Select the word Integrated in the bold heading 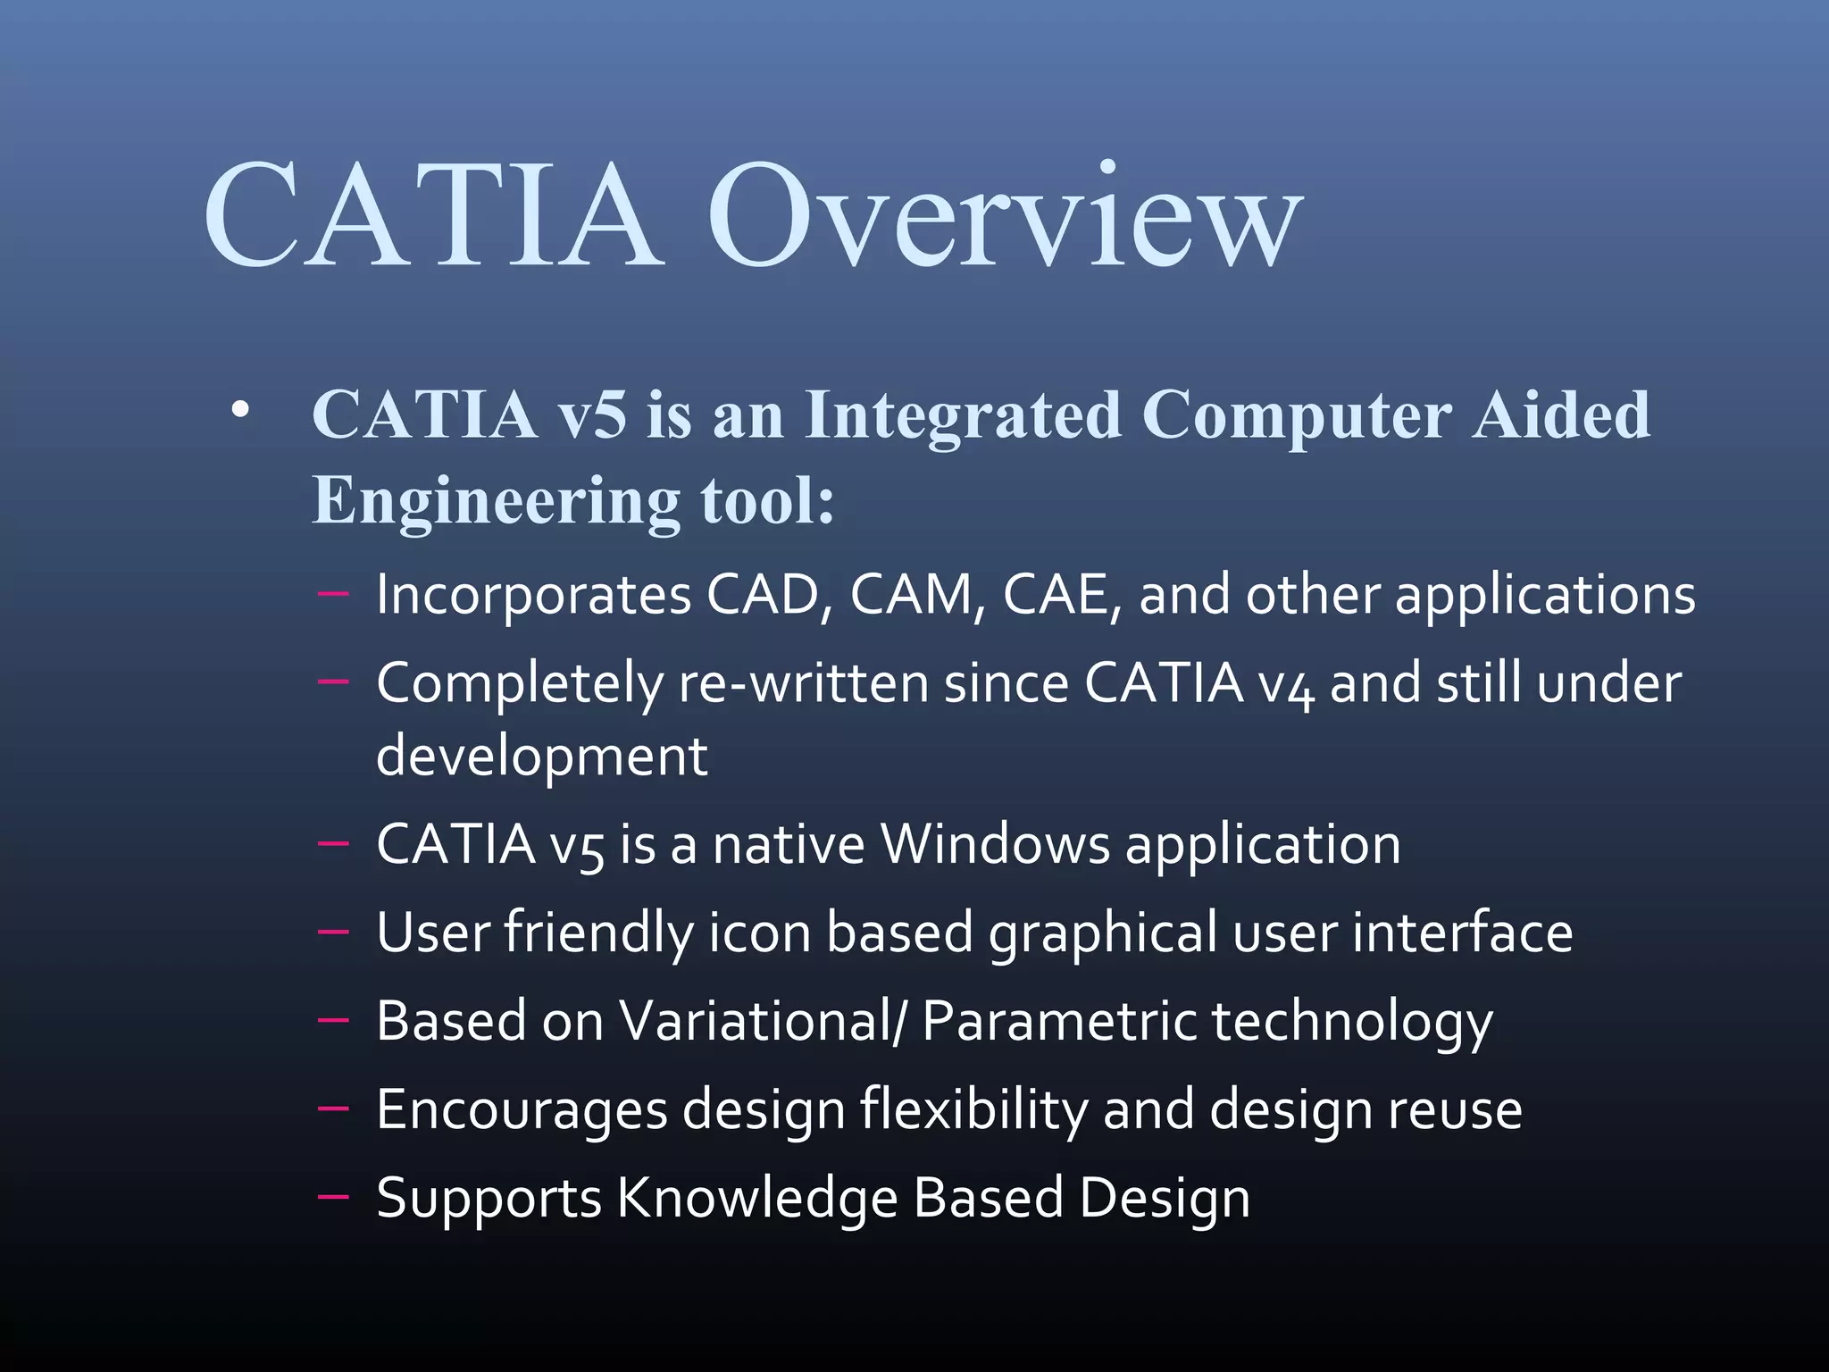962,416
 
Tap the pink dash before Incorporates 332,594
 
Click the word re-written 803,684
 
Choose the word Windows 995,844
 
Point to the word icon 759,933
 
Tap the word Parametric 1058,1021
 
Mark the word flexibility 973,1110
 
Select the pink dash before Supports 332,1198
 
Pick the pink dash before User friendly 332,932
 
